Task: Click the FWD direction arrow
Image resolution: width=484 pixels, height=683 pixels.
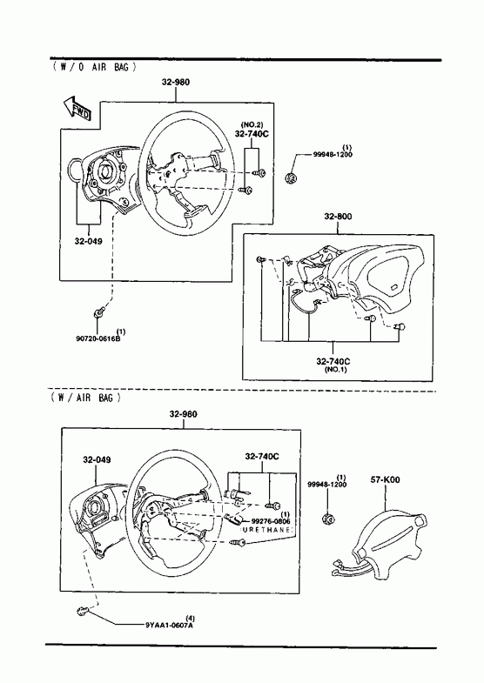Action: pos(77,109)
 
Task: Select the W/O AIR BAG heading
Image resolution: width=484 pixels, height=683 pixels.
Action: pos(94,67)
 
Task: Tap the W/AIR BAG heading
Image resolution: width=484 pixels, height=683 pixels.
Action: pos(85,398)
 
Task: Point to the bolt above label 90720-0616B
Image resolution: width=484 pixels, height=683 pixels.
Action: pos(98,311)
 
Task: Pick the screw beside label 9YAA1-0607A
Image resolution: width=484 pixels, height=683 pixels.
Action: pos(83,612)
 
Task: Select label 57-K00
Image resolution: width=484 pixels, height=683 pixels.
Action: pos(385,480)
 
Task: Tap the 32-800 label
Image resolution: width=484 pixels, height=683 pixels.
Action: pos(338,217)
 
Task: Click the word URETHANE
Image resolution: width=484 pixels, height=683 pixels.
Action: pos(266,529)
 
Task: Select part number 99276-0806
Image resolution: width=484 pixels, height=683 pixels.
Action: pos(270,521)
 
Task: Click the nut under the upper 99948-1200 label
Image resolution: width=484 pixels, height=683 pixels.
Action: pos(291,177)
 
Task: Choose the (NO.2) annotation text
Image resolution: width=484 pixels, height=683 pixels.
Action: pos(252,125)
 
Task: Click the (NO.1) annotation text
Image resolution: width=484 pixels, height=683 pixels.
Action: pos(335,370)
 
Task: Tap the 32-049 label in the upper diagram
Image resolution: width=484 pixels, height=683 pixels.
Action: pos(89,241)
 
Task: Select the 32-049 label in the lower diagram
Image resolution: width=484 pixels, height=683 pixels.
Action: pos(97,459)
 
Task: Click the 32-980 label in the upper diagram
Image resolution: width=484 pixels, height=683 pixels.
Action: pos(176,82)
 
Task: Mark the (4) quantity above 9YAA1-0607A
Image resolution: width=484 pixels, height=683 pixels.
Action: pos(190,618)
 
